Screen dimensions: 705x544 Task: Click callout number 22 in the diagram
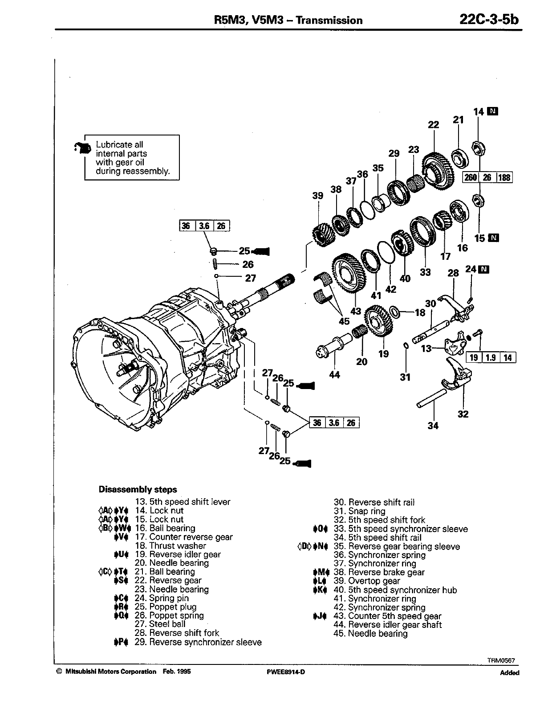click(x=433, y=125)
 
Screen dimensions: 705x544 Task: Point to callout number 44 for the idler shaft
click(x=334, y=375)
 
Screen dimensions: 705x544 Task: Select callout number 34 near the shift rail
click(x=433, y=426)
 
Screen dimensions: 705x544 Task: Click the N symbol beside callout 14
click(x=492, y=111)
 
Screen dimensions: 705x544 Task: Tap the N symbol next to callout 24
click(x=484, y=269)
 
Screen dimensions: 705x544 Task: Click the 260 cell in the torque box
click(x=471, y=177)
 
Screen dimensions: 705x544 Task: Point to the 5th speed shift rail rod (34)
click(x=431, y=398)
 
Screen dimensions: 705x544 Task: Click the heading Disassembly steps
click(x=138, y=489)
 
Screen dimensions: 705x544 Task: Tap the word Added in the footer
click(x=509, y=673)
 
